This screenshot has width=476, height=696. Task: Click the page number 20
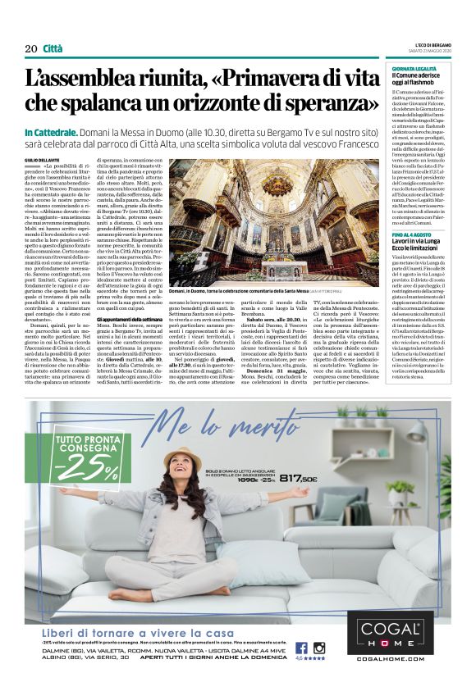pyautogui.click(x=31, y=49)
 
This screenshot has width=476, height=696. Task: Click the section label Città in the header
pyautogui.click(x=53, y=49)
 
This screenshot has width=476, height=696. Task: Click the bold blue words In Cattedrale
pyautogui.click(x=53, y=132)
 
